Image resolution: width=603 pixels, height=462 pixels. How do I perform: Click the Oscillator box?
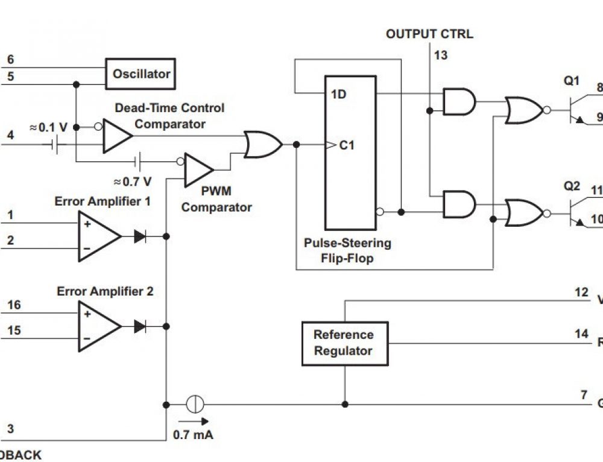140,74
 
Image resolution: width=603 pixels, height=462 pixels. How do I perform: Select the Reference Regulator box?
344,343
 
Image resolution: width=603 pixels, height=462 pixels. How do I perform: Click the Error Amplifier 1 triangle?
96,236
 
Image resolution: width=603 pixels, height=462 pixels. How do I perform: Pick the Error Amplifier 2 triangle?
96,326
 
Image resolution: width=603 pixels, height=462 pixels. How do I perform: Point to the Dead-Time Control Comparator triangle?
116,136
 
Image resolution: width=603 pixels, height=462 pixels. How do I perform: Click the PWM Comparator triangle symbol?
197,170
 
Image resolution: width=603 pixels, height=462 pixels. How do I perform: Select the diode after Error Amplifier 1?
140,236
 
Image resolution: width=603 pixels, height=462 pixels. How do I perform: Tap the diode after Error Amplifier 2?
140,326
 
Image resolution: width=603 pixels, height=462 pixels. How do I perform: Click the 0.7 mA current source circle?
195,404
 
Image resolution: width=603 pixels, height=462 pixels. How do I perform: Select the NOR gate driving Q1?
523,110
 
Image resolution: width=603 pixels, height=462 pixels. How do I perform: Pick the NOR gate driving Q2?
523,212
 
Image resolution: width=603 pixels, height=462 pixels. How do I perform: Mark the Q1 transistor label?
571,81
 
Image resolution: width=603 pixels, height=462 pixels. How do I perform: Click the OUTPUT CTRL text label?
429,34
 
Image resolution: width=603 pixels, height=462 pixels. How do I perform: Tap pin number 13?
441,55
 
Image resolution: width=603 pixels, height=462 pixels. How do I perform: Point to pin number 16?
13,305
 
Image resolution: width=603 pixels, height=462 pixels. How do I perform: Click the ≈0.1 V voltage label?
48,128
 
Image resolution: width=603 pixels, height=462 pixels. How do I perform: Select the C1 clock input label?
346,145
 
